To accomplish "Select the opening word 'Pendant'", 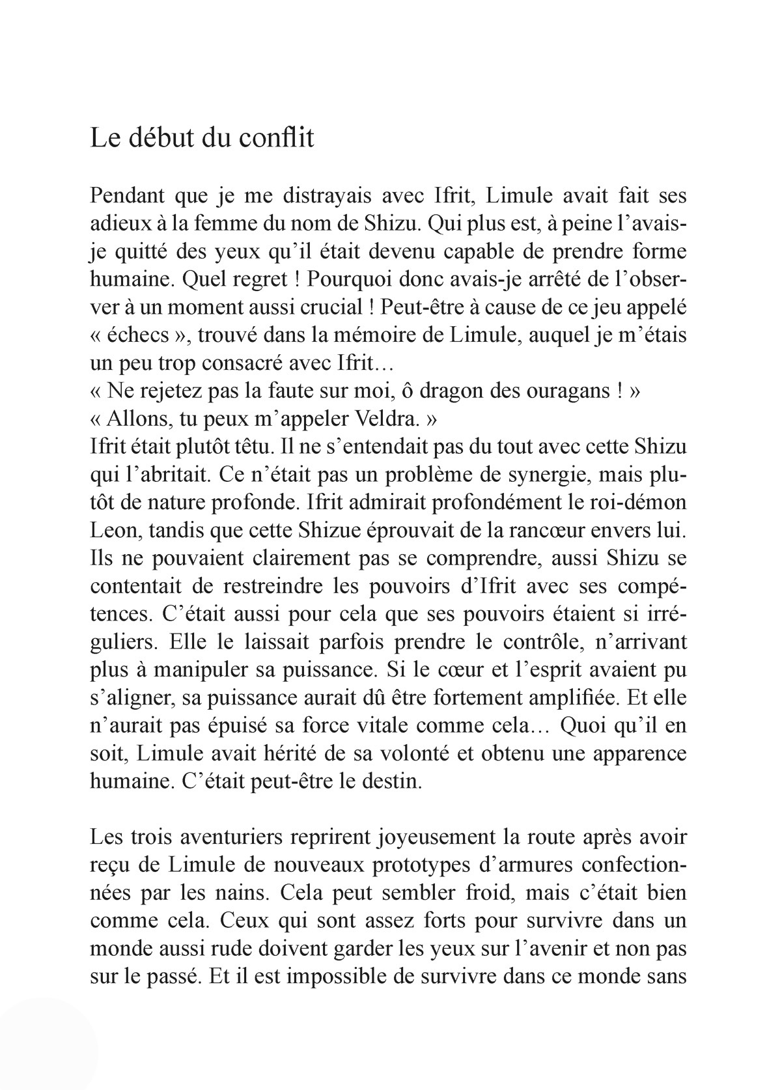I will pos(128,195).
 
